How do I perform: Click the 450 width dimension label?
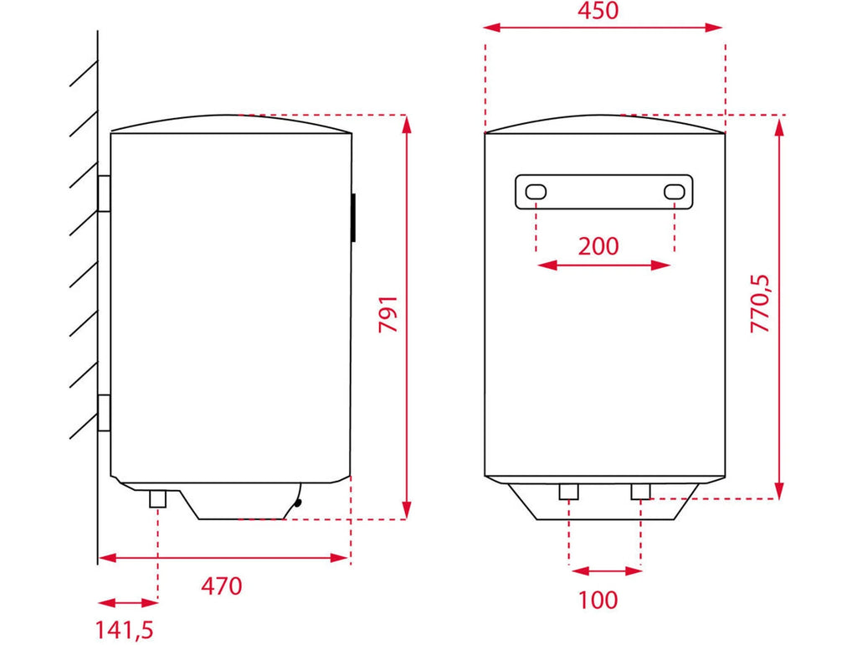[x=598, y=10]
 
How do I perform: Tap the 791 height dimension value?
[x=388, y=315]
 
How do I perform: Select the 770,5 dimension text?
[x=760, y=303]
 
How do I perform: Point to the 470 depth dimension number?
[x=221, y=586]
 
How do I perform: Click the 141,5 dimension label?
[x=125, y=630]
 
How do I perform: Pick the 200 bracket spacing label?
[x=598, y=247]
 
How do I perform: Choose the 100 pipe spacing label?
[x=598, y=600]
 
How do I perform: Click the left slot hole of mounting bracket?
[x=536, y=192]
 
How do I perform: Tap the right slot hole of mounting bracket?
[x=675, y=192]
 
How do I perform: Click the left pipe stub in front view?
[x=568, y=492]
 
